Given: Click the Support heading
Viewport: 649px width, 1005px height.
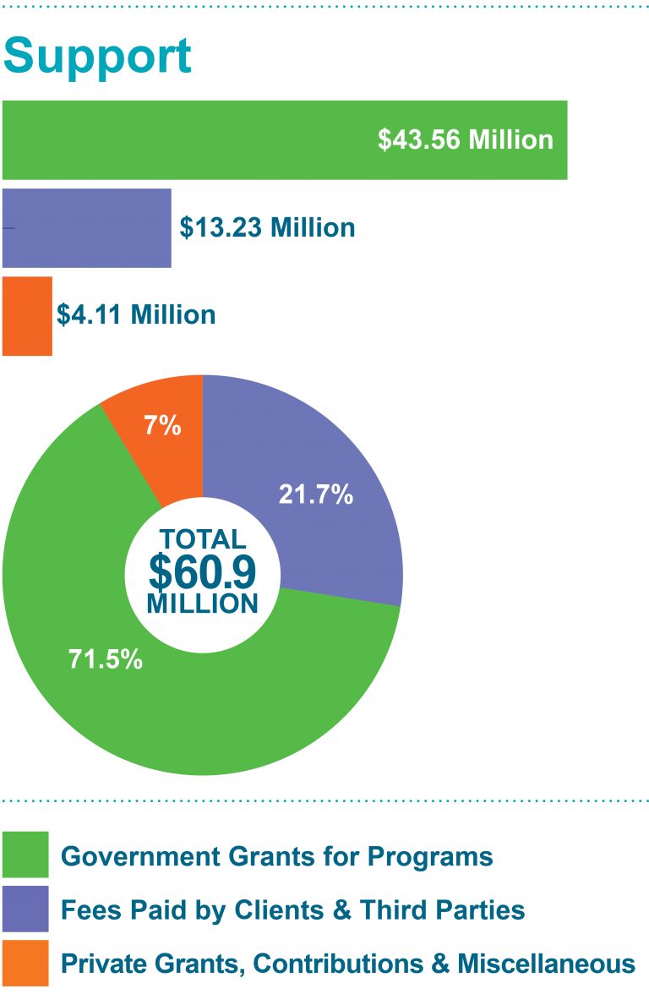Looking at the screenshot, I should click(97, 57).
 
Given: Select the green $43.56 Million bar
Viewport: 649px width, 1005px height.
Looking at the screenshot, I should click(186, 139).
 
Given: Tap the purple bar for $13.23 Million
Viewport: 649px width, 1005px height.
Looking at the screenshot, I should click(86, 228).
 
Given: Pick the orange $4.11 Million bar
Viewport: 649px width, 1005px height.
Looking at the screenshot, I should click(27, 315).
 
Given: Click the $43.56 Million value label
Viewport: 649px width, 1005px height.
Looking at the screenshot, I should click(465, 139).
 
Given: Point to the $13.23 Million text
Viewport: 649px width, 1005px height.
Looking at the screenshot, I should click(267, 228).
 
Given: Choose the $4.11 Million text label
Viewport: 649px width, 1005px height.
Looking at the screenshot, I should click(136, 315).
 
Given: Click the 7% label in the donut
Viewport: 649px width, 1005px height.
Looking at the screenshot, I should click(162, 426).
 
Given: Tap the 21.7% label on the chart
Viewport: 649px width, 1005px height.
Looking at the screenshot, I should click(315, 495).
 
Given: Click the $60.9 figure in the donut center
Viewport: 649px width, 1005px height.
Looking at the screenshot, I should click(202, 572).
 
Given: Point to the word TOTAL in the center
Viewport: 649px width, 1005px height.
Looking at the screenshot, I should click(202, 539).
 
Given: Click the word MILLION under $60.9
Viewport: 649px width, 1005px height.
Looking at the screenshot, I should click(202, 604).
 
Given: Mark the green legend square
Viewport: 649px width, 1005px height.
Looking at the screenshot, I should click(25, 855).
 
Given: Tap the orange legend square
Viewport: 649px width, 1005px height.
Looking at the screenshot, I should click(25, 963).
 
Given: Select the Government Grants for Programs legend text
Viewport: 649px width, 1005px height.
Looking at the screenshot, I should click(277, 856).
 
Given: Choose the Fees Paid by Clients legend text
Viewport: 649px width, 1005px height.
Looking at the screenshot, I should click(293, 910).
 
